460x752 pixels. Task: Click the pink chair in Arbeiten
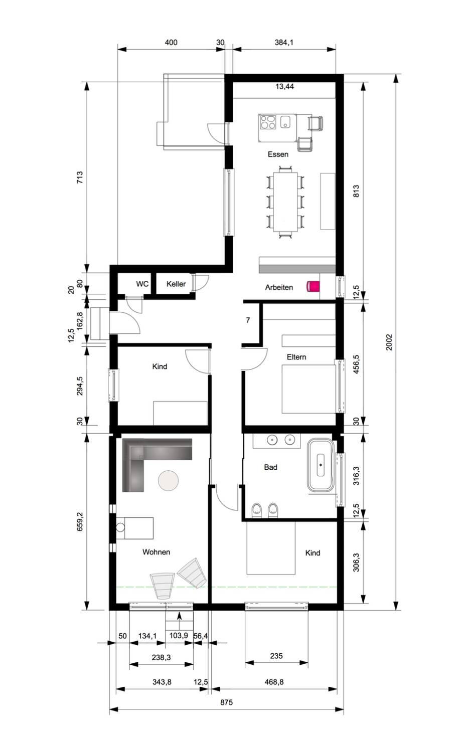point(313,286)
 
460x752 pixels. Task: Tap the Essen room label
point(278,154)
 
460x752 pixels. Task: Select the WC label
point(142,284)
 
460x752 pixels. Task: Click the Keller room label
point(176,284)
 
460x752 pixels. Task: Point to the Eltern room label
point(296,357)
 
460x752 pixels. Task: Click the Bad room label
point(270,467)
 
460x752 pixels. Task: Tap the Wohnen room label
point(156,552)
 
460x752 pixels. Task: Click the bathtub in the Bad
point(321,465)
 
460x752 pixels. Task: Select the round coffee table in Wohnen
point(169,480)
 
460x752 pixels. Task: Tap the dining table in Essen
point(285,202)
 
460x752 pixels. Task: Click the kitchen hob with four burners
point(268,122)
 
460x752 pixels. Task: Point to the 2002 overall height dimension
point(389,342)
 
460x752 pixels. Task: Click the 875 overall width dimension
point(226,702)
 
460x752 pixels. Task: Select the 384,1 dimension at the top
point(284,42)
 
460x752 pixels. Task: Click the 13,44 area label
point(284,86)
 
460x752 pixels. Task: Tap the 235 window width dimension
point(276,656)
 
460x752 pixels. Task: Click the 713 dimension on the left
point(80,177)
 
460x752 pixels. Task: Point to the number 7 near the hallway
point(248,320)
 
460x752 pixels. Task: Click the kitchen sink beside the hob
point(285,122)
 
